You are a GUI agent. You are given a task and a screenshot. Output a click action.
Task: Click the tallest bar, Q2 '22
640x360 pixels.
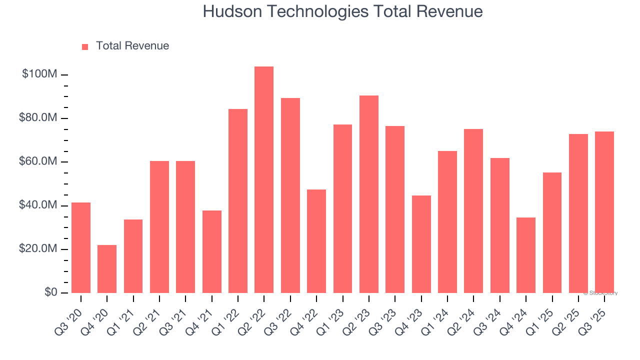click(264, 180)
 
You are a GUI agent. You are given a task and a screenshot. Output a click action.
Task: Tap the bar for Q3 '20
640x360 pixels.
click(81, 247)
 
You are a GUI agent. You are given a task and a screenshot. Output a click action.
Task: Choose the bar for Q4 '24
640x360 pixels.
click(525, 255)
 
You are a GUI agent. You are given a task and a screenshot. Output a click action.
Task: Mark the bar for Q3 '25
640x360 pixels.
click(604, 212)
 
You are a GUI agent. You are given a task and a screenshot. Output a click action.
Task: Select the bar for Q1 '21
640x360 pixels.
click(133, 256)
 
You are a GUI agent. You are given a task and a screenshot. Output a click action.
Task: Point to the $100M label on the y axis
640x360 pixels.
click(39, 74)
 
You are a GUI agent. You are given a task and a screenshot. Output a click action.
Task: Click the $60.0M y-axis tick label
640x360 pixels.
click(38, 162)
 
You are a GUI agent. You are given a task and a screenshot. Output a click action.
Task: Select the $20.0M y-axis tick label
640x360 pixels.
click(38, 249)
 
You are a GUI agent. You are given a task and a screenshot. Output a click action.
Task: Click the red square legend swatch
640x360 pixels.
click(85, 46)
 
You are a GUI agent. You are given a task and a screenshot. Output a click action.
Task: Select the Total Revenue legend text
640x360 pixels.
click(132, 46)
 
